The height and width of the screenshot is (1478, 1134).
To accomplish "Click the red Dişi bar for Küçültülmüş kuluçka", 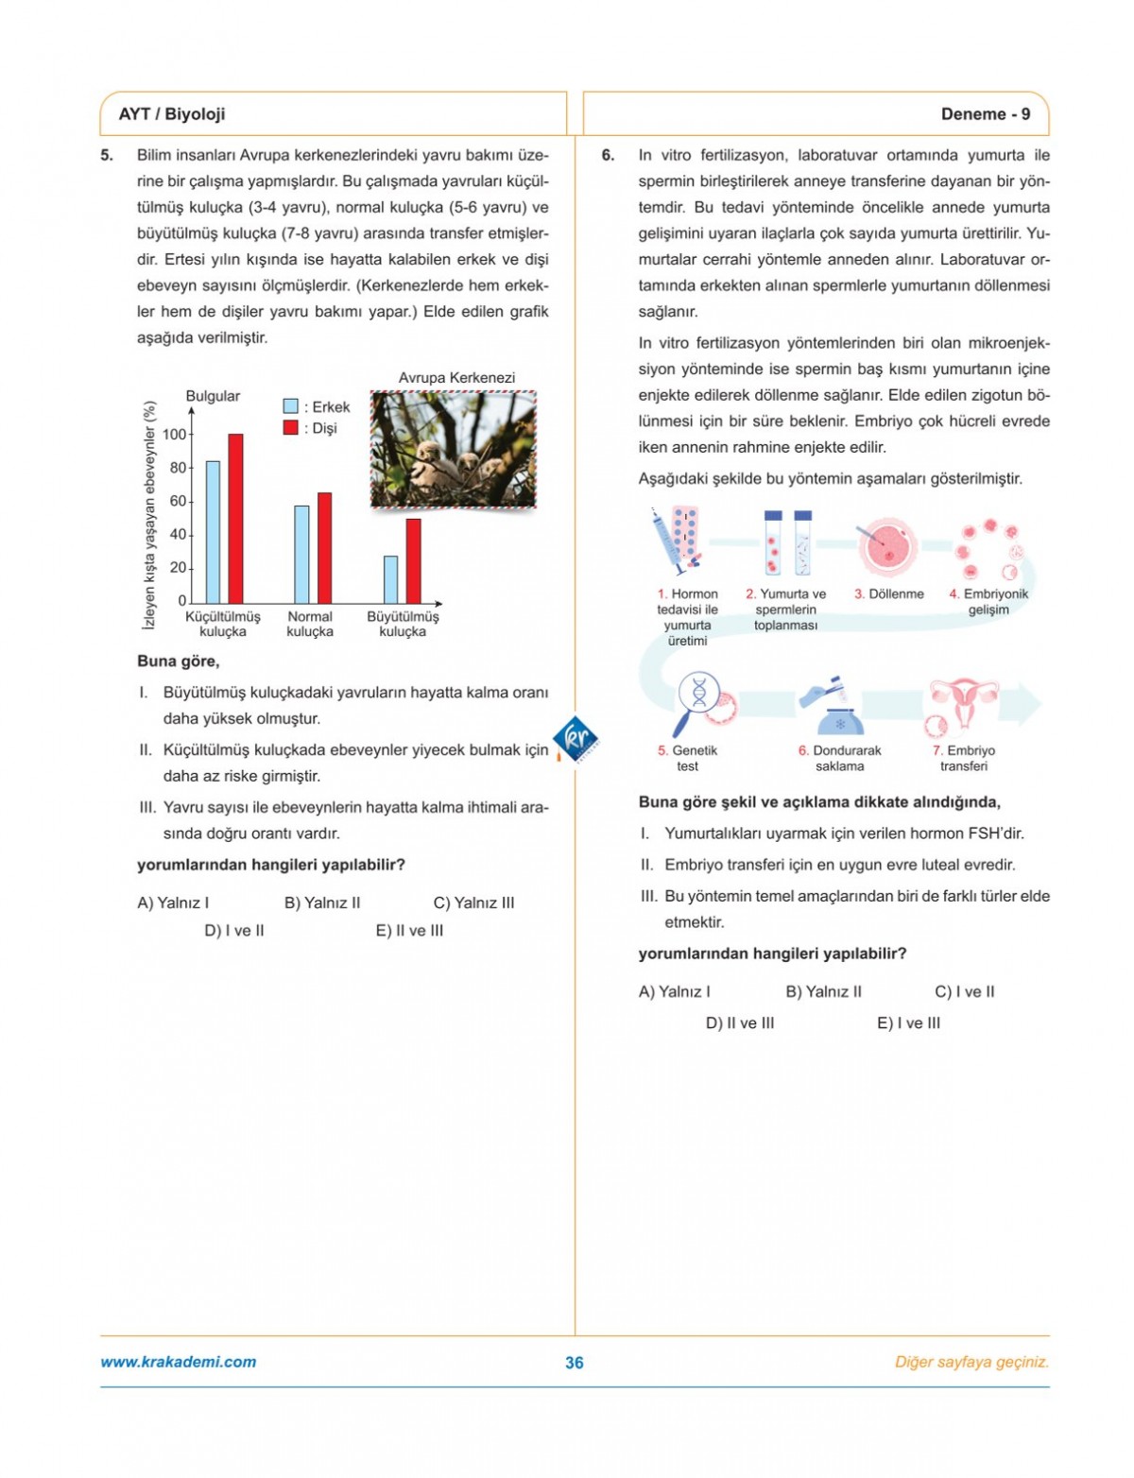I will [x=235, y=518].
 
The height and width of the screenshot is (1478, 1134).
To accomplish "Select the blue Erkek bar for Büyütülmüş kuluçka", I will [x=390, y=579].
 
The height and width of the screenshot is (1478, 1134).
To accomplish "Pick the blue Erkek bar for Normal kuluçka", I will [x=301, y=555].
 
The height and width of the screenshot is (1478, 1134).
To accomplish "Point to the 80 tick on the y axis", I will [x=179, y=468].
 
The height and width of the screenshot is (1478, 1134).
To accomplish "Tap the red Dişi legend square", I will [x=291, y=428].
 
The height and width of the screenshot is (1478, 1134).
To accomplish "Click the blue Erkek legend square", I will [x=291, y=406].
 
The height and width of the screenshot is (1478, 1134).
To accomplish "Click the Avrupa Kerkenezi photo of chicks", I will [x=454, y=450].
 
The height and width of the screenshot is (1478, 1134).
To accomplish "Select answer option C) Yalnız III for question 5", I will [x=473, y=902].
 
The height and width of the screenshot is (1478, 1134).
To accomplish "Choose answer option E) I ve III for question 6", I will [x=908, y=1023].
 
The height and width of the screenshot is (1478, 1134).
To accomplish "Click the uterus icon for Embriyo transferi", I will [x=962, y=705].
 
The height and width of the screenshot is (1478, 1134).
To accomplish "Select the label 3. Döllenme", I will [x=889, y=594].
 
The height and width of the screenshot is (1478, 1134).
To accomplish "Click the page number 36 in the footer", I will [x=575, y=1363].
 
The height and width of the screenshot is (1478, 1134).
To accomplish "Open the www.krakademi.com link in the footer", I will [x=178, y=1362].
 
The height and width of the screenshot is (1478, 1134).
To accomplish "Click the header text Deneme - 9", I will [x=985, y=114].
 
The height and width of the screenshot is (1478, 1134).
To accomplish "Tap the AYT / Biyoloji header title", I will [x=172, y=114].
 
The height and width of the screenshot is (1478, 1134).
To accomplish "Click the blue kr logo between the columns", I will [x=575, y=738].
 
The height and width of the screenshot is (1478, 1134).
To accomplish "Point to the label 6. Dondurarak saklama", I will [x=839, y=758].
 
